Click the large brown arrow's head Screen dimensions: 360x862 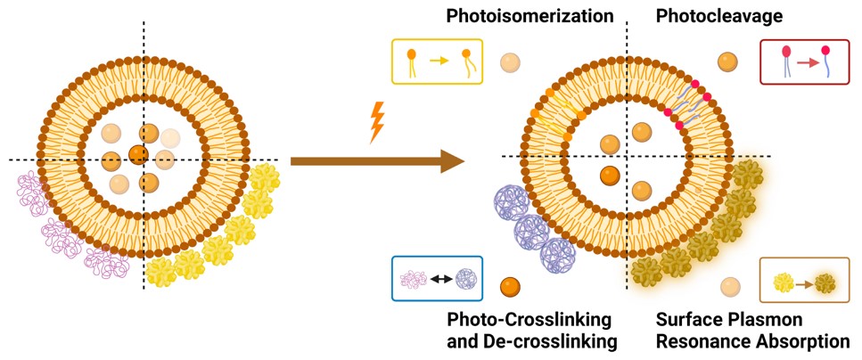point(451,161)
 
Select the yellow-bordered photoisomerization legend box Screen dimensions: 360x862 point(437,61)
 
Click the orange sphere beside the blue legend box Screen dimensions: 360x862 point(511,288)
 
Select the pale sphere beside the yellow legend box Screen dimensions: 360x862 point(511,62)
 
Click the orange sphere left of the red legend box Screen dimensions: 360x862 point(728,61)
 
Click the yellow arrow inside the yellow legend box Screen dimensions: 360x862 point(437,61)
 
